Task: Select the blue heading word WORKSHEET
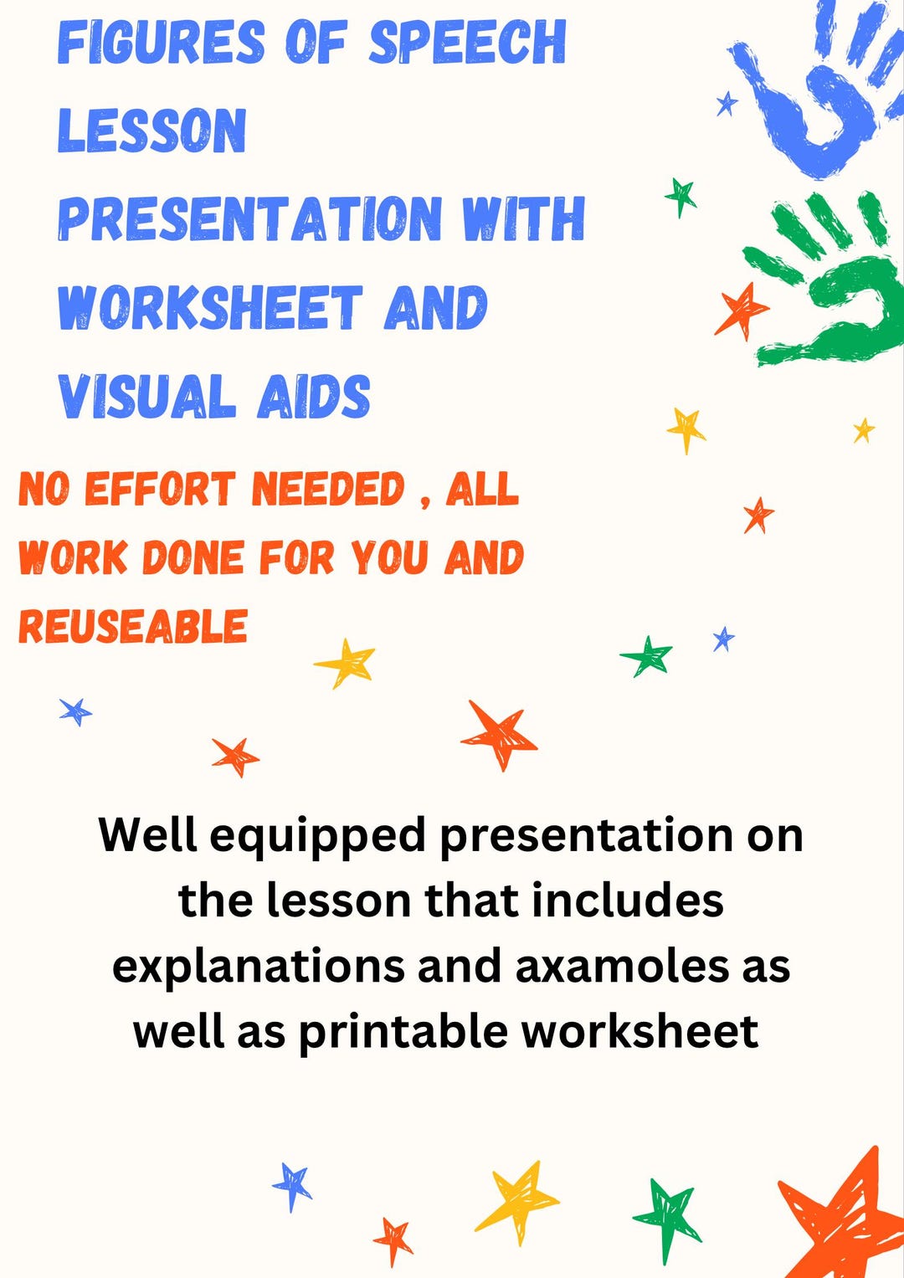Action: pyautogui.click(x=209, y=307)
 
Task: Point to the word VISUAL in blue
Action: pyautogui.click(x=146, y=396)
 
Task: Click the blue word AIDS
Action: pyautogui.click(x=314, y=396)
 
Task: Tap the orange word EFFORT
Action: pyautogui.click(x=159, y=490)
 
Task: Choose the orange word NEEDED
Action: pyautogui.click(x=327, y=490)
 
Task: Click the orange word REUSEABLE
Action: pyautogui.click(x=133, y=627)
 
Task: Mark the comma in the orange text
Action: pyautogui.click(x=425, y=502)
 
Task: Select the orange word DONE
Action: pyautogui.click(x=193, y=558)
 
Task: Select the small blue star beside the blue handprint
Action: pyautogui.click(x=727, y=104)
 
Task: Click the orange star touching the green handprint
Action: pyautogui.click(x=740, y=311)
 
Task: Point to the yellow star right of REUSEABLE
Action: pyautogui.click(x=347, y=662)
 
